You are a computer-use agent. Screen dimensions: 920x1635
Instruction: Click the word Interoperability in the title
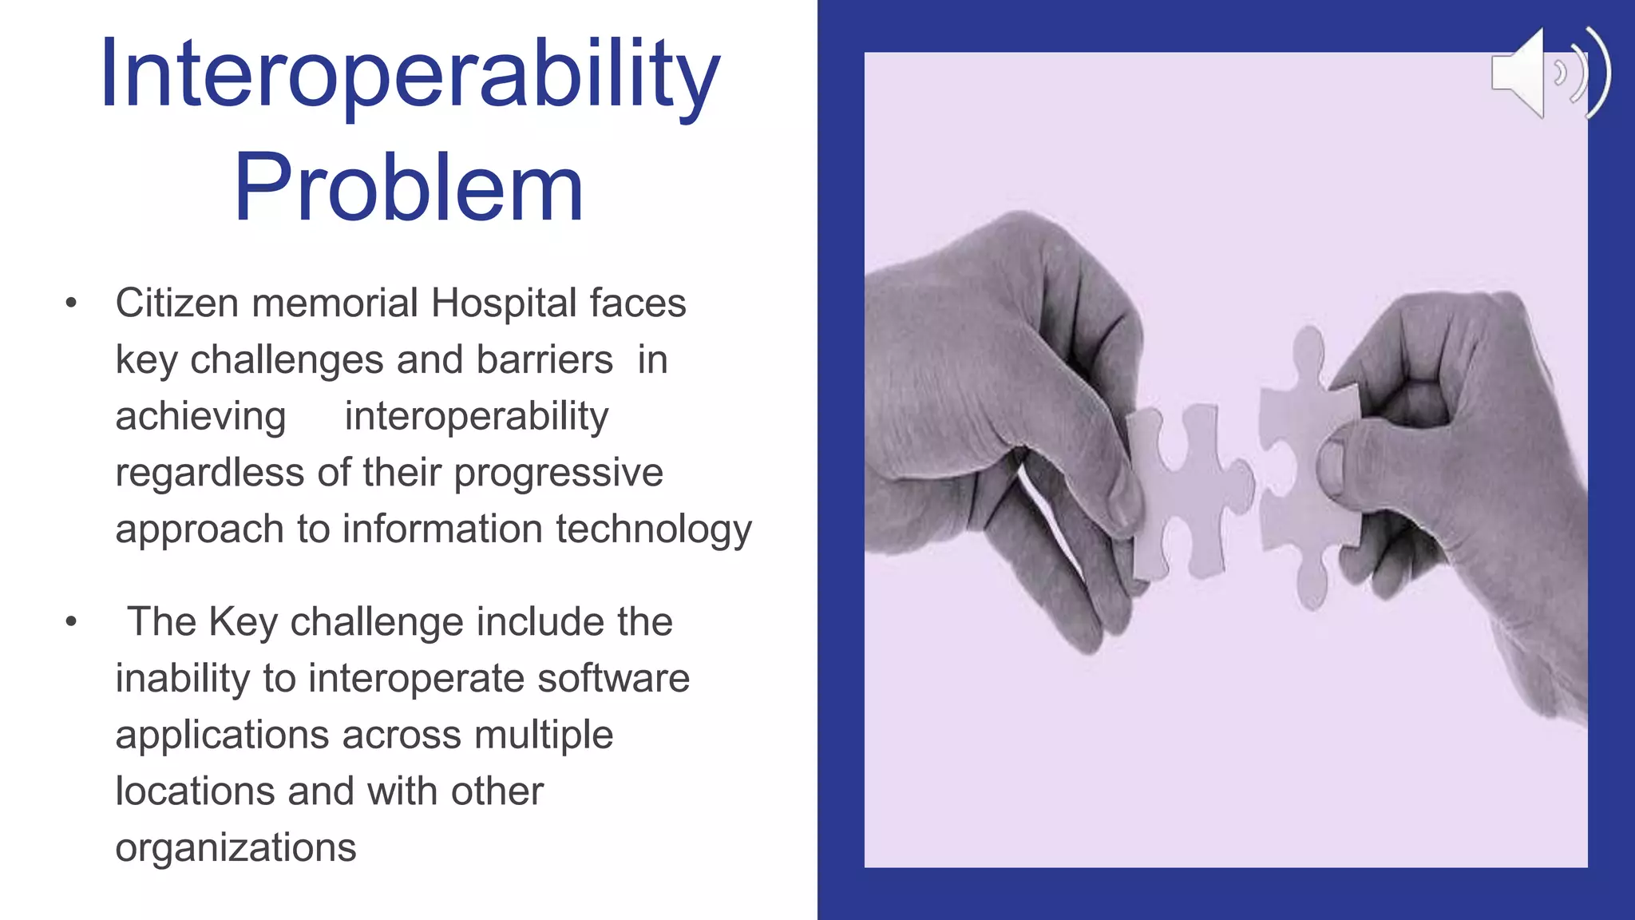[x=410, y=76]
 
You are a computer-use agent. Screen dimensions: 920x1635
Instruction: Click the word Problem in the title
[x=408, y=188]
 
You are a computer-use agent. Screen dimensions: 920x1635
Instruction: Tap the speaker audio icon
[x=1549, y=73]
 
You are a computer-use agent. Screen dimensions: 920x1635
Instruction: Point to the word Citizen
[x=177, y=303]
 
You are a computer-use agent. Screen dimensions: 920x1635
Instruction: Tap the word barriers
[x=544, y=360]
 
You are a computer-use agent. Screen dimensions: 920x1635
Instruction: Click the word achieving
[x=200, y=417]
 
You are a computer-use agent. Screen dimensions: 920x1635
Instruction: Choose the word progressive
[x=558, y=474]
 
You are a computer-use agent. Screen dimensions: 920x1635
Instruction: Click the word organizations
[x=236, y=848]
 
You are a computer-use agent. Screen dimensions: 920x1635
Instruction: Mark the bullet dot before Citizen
[x=71, y=303]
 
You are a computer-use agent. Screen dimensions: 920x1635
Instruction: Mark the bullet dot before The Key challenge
[x=71, y=621]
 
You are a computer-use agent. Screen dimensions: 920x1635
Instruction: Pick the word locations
[x=196, y=791]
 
